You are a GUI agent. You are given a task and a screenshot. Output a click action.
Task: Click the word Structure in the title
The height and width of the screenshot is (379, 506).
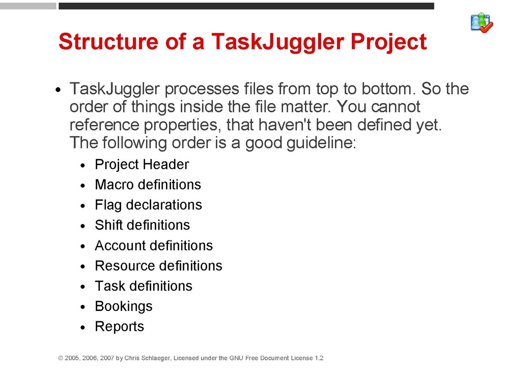click(x=108, y=41)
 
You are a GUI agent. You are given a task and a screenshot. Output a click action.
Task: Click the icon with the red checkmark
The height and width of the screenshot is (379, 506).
click(x=481, y=23)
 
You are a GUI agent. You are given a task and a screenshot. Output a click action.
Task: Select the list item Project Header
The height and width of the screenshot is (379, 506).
click(x=142, y=165)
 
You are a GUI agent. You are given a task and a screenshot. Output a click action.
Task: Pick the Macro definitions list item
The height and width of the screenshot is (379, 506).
click(x=148, y=185)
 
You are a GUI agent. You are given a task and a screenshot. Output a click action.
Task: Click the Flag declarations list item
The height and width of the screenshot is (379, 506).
click(x=148, y=205)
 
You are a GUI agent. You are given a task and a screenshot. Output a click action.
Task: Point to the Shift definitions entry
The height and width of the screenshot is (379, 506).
click(x=142, y=225)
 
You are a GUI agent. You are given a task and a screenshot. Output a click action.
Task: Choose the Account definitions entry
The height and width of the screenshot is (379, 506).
click(x=154, y=246)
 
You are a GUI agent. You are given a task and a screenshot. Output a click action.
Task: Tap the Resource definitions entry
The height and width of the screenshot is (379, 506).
click(x=159, y=266)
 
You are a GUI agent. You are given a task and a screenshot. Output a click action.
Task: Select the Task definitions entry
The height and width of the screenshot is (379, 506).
click(x=144, y=286)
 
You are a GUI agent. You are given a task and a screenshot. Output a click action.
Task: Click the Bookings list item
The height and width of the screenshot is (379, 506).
click(x=124, y=306)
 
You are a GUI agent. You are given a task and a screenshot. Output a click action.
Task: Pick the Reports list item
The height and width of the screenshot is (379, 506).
click(x=120, y=327)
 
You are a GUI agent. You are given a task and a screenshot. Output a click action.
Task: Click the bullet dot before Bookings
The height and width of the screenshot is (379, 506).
click(x=83, y=307)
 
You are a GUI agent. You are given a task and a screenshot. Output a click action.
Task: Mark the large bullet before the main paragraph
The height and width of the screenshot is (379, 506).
click(x=58, y=90)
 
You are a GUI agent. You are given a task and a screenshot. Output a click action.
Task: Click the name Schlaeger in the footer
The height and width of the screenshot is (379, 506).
click(x=156, y=358)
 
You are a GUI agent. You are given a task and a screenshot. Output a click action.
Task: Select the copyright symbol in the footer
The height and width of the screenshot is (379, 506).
click(x=60, y=358)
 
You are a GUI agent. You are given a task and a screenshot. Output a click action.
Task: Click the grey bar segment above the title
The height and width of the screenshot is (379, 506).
click(x=28, y=6)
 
